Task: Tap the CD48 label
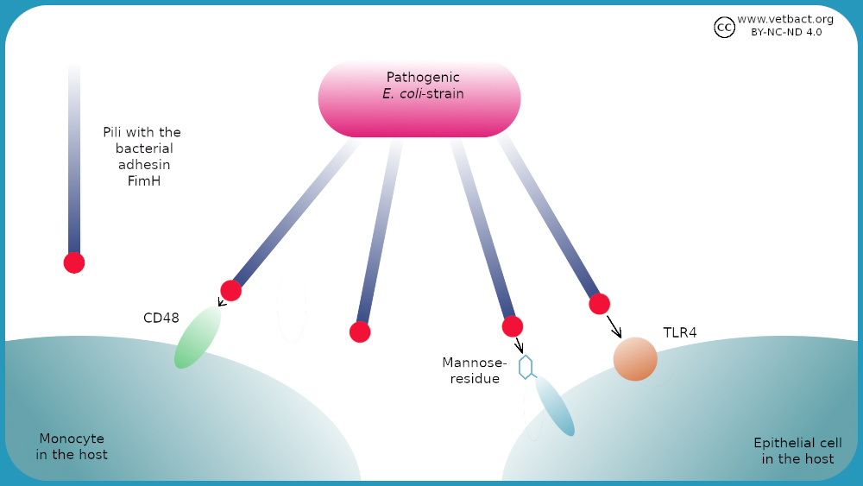161,318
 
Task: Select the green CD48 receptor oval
198,338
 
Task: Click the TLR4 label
680,332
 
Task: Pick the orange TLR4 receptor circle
635,359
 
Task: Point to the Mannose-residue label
475,370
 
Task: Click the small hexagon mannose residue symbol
526,367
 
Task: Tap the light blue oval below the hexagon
555,406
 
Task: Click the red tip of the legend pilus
74,262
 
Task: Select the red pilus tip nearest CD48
230,290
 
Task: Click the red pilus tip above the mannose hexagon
513,326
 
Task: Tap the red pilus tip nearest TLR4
599,304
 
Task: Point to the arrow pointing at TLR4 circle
614,327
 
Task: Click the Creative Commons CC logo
724,28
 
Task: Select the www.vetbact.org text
785,19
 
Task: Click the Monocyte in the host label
72,446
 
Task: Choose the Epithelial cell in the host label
797,451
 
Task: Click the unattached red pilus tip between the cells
360,331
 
